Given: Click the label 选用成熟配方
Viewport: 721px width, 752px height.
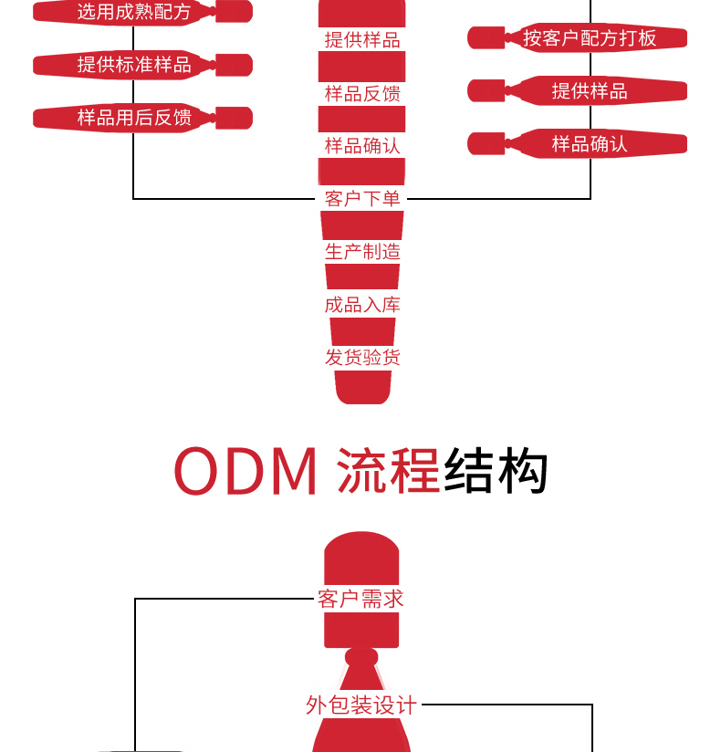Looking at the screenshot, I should click(x=133, y=12).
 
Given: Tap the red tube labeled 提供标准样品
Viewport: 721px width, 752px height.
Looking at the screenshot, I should click(x=134, y=65).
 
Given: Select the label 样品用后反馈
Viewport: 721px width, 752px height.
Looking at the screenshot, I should click(x=134, y=118).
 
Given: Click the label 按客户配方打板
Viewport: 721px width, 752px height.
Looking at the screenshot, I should click(x=590, y=37).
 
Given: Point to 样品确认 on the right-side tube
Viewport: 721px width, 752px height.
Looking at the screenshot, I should click(x=590, y=143).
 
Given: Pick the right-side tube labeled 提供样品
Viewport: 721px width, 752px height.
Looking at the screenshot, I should click(x=590, y=90).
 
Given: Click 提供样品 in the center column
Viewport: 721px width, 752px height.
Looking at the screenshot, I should click(x=362, y=40).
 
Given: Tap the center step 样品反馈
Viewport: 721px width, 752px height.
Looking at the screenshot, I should click(x=362, y=93).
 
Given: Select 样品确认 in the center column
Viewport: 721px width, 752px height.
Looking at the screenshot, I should click(x=362, y=146).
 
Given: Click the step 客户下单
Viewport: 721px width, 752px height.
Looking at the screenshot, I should click(x=362, y=199).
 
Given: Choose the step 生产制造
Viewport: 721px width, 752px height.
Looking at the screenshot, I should click(x=362, y=252).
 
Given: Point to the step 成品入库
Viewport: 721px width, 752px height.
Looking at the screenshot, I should click(x=362, y=305).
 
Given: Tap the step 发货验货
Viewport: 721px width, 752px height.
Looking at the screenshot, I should click(x=362, y=357).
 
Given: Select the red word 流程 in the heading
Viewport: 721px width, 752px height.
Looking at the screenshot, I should click(x=389, y=471).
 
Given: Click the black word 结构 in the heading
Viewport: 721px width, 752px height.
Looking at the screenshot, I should click(x=496, y=471).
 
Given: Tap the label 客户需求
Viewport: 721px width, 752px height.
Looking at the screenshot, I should click(x=360, y=599).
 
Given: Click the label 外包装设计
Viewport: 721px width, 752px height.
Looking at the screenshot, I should click(x=361, y=705).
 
